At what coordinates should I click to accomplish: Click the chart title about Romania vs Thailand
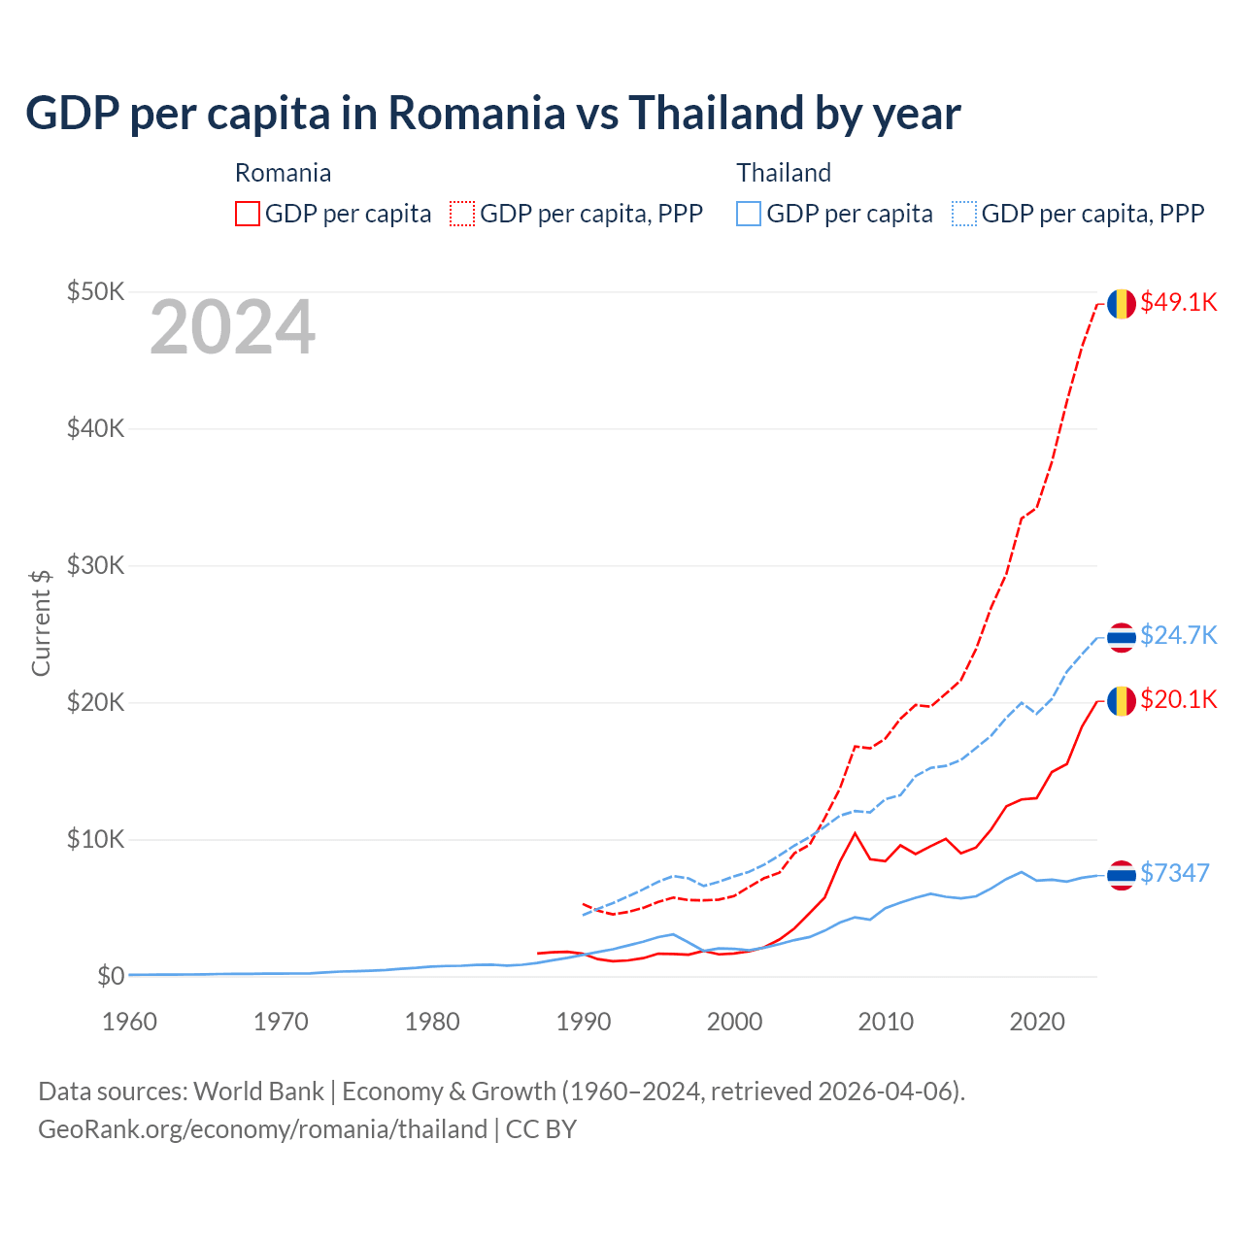pyautogui.click(x=492, y=113)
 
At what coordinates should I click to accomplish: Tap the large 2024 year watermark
pyautogui.click(x=232, y=327)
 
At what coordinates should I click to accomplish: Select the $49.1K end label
pyautogui.click(x=1178, y=302)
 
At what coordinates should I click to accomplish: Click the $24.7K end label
pyautogui.click(x=1178, y=635)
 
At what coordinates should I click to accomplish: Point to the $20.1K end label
pyautogui.click(x=1178, y=699)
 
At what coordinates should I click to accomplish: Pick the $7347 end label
pyautogui.click(x=1174, y=873)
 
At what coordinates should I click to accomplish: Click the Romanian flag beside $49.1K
pyautogui.click(x=1122, y=303)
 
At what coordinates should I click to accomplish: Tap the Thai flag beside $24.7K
pyautogui.click(x=1122, y=637)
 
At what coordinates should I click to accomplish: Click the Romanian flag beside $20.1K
pyautogui.click(x=1122, y=700)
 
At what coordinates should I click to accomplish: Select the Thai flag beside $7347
pyautogui.click(x=1122, y=875)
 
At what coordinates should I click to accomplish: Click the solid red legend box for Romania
pyautogui.click(x=248, y=214)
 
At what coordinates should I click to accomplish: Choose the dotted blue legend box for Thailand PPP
pyautogui.click(x=964, y=214)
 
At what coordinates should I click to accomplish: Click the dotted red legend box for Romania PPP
pyautogui.click(x=462, y=214)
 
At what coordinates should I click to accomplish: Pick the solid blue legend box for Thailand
pyautogui.click(x=749, y=214)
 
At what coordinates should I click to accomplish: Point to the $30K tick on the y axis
pyautogui.click(x=95, y=565)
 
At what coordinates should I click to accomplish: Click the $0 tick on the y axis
pyautogui.click(x=110, y=976)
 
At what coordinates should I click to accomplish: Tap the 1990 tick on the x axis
pyautogui.click(x=583, y=1022)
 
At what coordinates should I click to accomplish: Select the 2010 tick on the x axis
pyautogui.click(x=886, y=1022)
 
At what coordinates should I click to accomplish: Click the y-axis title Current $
pyautogui.click(x=41, y=621)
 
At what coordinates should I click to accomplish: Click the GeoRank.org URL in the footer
pyautogui.click(x=262, y=1129)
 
